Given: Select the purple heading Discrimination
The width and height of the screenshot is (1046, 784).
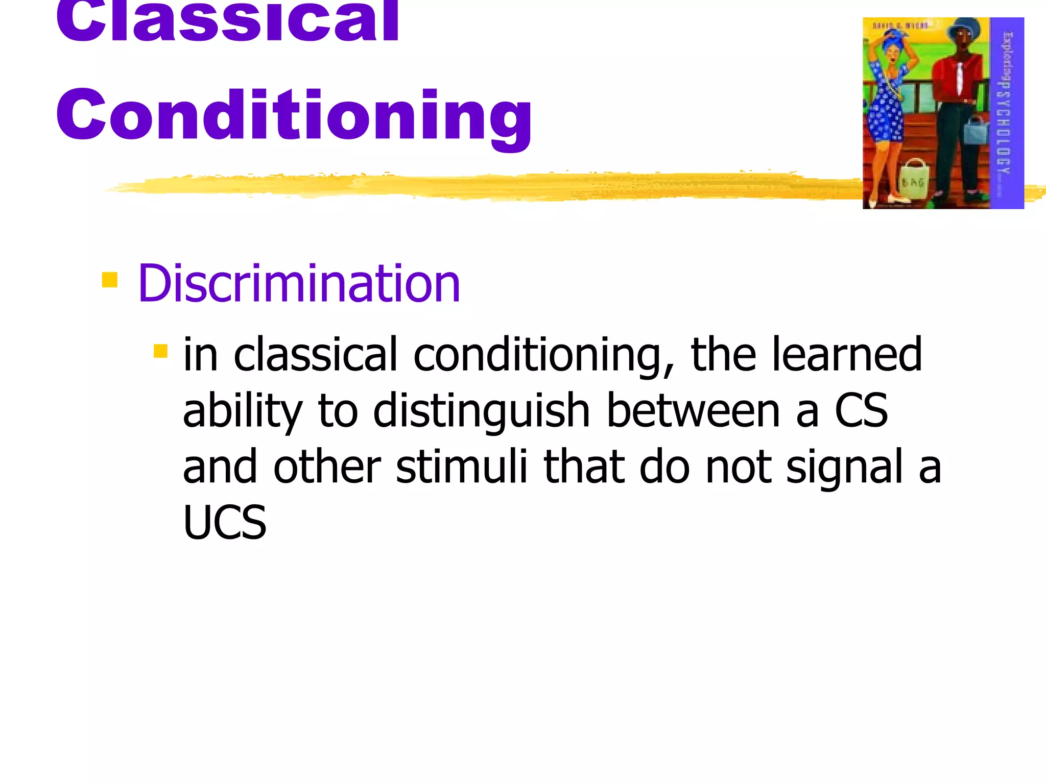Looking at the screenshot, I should coord(299,284).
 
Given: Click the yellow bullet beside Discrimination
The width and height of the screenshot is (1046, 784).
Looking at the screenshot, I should coord(110,280).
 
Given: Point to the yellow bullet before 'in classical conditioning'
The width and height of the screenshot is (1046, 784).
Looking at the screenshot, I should coord(160,351).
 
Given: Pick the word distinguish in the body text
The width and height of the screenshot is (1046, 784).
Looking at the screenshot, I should coord(482,411).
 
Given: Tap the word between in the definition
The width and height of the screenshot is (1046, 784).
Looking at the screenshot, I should coord(693,411).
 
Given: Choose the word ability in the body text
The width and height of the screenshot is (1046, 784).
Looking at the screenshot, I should coord(243,412).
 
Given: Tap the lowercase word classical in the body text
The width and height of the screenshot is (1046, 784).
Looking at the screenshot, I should coord(315,355).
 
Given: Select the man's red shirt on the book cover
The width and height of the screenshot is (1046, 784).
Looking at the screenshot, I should coord(958,77).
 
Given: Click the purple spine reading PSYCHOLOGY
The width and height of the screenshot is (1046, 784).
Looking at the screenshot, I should coord(1006,112).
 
